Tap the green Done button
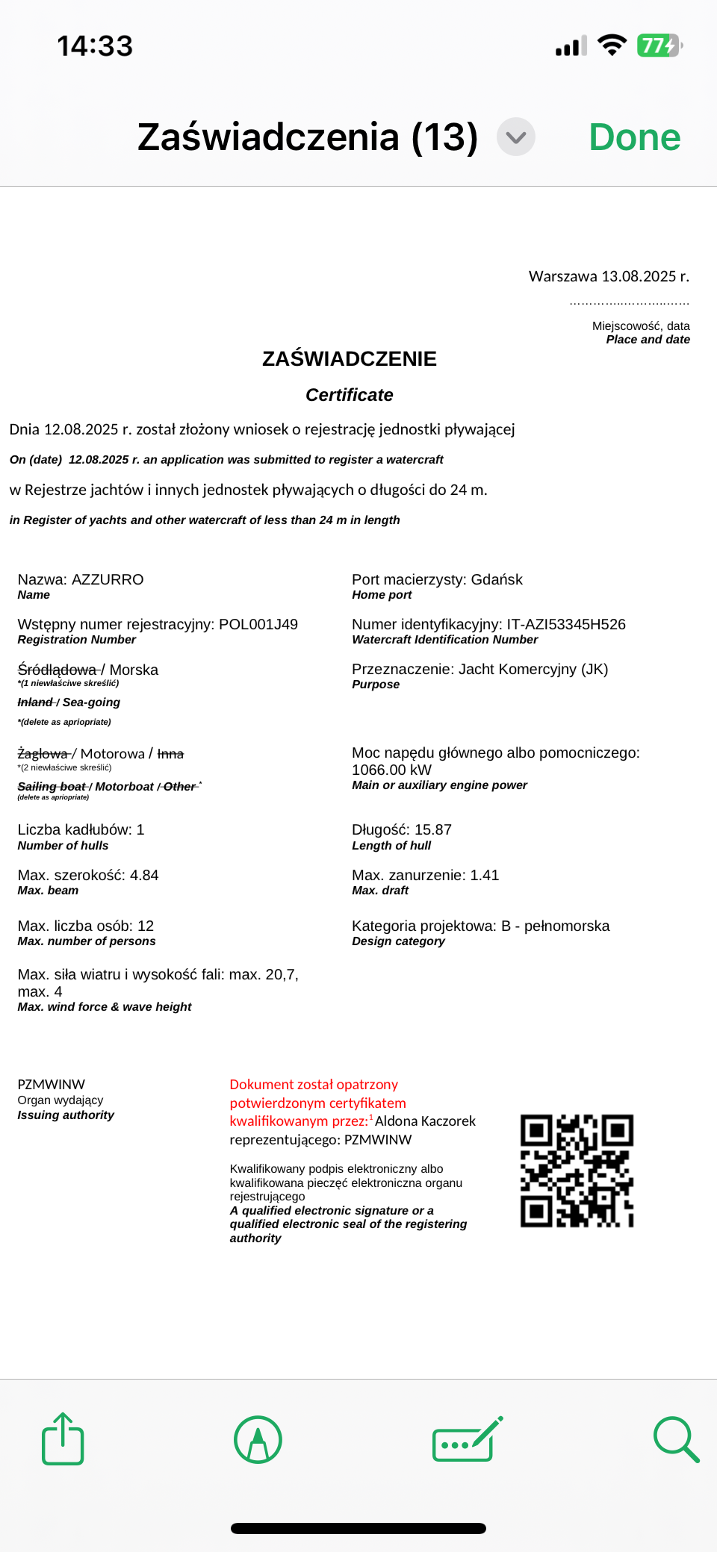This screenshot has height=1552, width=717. click(634, 137)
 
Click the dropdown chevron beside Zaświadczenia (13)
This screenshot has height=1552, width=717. click(516, 137)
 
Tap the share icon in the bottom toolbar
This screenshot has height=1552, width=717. click(63, 1439)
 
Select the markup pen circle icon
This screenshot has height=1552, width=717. click(258, 1439)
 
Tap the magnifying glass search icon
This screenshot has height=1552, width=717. click(676, 1439)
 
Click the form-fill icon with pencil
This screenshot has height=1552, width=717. click(468, 1439)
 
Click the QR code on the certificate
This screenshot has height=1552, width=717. click(577, 1171)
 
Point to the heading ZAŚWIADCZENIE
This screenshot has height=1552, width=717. click(350, 359)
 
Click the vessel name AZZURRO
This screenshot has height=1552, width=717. click(108, 580)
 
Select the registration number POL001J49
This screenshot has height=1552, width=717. click(258, 625)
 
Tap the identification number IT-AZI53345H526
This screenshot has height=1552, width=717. click(566, 625)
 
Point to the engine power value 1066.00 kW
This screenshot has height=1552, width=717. click(391, 770)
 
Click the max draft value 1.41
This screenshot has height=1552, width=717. click(484, 876)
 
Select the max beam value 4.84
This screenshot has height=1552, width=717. click(144, 876)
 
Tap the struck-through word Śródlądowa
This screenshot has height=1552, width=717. click(58, 670)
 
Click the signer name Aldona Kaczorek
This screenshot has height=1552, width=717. click(425, 1121)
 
